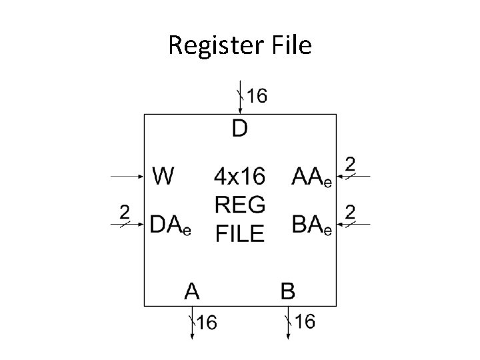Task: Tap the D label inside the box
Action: (x=239, y=127)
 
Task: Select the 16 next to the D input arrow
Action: (x=257, y=95)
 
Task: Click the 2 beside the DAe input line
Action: (x=124, y=212)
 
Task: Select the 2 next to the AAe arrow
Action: (x=349, y=163)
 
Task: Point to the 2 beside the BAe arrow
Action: (x=349, y=212)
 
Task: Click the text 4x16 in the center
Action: (x=239, y=177)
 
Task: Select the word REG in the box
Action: (x=239, y=205)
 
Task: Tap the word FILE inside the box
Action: (x=239, y=233)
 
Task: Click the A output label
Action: (x=192, y=291)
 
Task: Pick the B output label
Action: (x=288, y=291)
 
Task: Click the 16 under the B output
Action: (x=305, y=322)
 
